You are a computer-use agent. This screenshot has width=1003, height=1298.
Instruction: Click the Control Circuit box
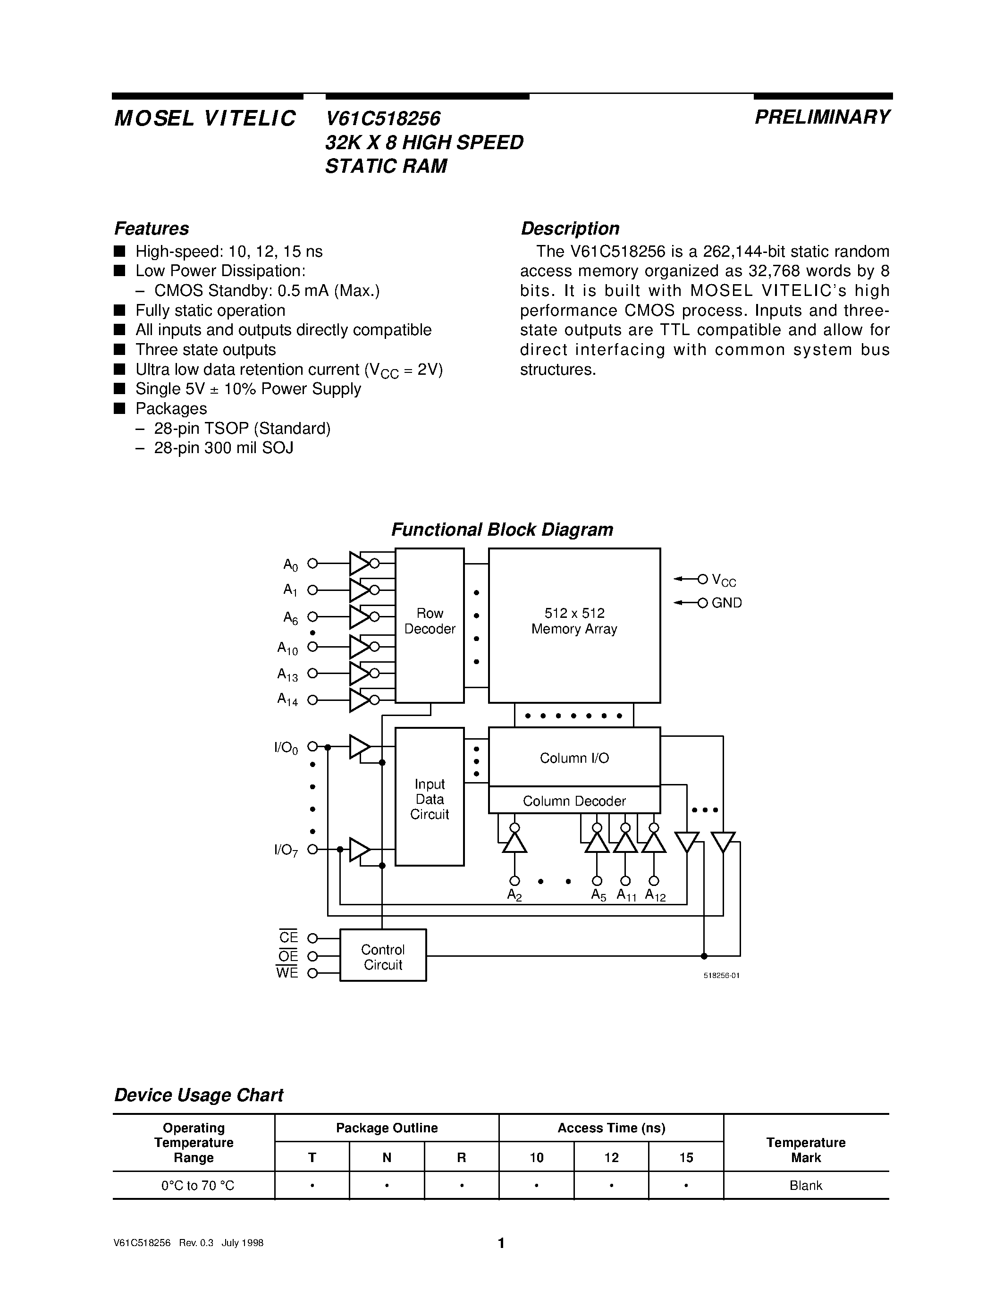(383, 957)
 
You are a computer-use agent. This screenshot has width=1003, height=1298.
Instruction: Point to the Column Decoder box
(574, 801)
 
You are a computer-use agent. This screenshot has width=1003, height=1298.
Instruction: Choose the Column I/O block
(574, 758)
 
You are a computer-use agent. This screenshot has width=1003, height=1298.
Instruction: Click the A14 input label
(287, 700)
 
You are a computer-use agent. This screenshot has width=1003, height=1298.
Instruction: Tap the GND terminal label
(727, 603)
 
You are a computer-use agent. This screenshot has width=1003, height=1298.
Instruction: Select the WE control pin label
(287, 973)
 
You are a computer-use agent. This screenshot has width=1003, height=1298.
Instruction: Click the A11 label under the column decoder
(626, 895)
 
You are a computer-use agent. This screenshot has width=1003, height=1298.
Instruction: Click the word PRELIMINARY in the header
(822, 117)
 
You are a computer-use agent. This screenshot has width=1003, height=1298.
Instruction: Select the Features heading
(152, 229)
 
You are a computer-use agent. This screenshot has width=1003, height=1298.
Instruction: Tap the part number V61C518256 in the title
(383, 119)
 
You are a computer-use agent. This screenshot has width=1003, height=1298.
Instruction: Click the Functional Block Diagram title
(502, 530)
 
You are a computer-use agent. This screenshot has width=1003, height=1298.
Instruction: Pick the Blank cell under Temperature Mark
(806, 1186)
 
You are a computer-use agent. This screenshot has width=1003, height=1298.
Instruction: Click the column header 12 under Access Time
(611, 1158)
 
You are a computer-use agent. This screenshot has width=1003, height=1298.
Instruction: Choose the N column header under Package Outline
(387, 1158)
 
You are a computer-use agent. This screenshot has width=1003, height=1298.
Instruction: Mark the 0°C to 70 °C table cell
(198, 1186)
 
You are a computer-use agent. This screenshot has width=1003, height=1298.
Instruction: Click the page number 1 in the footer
(501, 1243)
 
